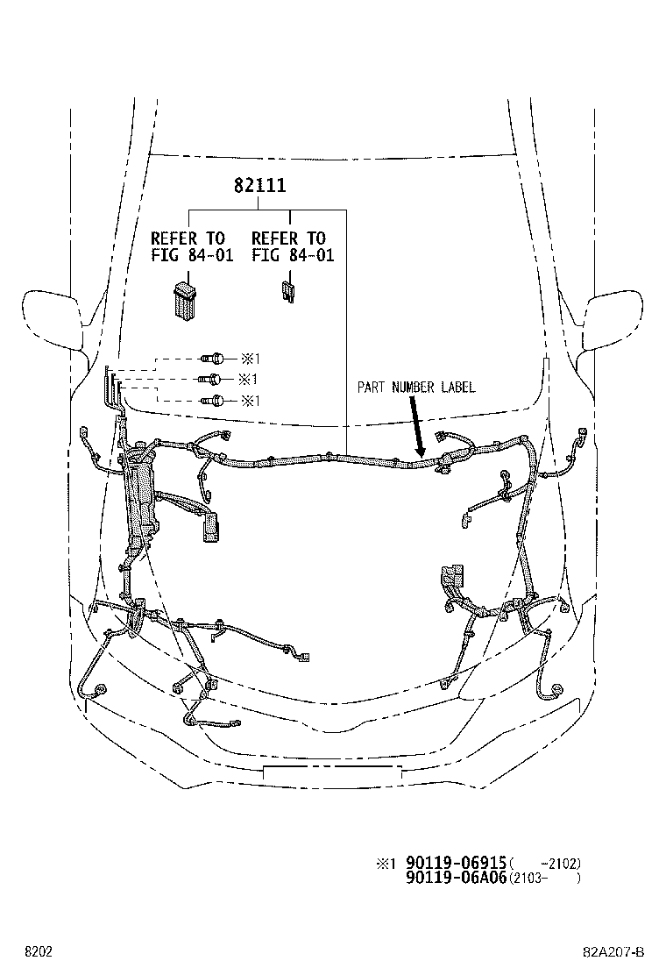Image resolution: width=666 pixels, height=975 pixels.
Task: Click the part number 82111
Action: pyautogui.click(x=259, y=187)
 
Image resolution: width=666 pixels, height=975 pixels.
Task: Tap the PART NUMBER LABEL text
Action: pyautogui.click(x=416, y=387)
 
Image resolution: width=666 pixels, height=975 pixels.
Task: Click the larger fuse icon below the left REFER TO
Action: pyautogui.click(x=184, y=298)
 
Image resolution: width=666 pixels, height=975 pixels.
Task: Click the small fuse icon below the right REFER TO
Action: pyautogui.click(x=286, y=291)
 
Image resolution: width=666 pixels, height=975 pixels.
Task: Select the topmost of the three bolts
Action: pyautogui.click(x=212, y=359)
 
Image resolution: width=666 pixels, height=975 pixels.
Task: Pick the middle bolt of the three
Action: pyautogui.click(x=209, y=380)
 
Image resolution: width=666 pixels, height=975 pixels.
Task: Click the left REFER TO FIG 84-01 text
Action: pyautogui.click(x=188, y=246)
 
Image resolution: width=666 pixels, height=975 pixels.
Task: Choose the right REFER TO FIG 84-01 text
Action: pyautogui.click(x=288, y=246)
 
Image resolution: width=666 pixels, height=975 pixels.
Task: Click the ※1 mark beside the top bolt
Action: pyautogui.click(x=251, y=359)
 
